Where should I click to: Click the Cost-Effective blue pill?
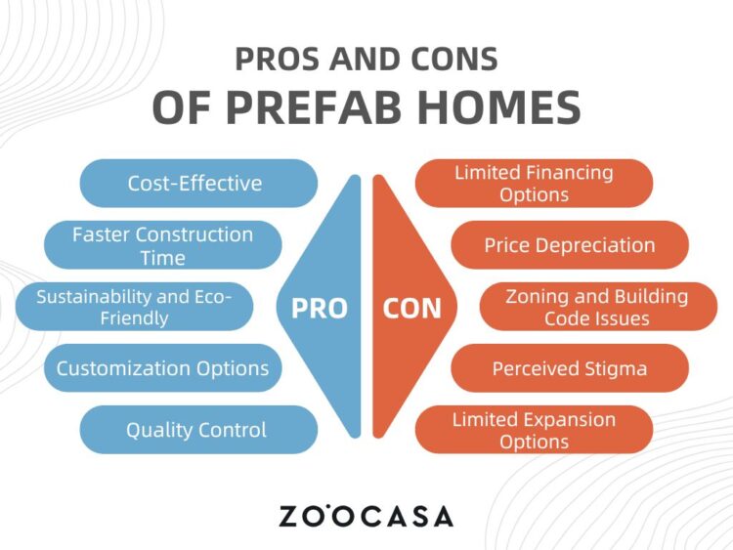click(198, 184)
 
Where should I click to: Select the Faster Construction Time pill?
click(162, 245)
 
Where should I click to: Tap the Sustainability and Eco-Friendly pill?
click(134, 307)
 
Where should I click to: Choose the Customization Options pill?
click(162, 368)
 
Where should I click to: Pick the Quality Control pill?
click(198, 430)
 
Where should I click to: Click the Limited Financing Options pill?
click(534, 184)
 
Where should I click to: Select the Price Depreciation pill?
click(570, 245)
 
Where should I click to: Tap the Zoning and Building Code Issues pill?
click(598, 307)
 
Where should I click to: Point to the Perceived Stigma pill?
click(570, 368)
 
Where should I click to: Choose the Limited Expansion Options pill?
click(534, 430)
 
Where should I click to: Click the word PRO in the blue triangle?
click(320, 309)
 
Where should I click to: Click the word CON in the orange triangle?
click(411, 309)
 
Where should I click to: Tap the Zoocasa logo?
click(366, 516)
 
